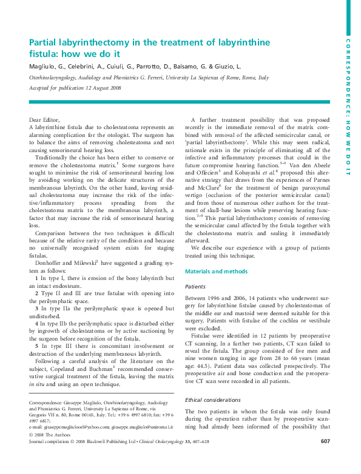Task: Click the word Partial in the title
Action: pos(46,42)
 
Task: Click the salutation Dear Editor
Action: pos(44,120)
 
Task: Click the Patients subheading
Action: pos(195,286)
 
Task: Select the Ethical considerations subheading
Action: pos(212,400)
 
